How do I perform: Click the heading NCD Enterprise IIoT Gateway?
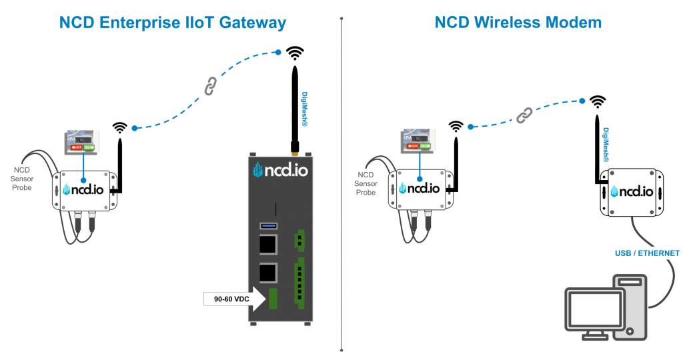pyautogui.click(x=172, y=23)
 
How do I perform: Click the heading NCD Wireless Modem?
pyautogui.click(x=518, y=23)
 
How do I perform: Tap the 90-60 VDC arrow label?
pyautogui.click(x=233, y=299)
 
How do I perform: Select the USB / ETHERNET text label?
pyautogui.click(x=647, y=253)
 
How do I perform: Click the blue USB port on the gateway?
pyautogui.click(x=268, y=227)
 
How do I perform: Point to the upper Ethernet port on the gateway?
pyautogui.click(x=268, y=245)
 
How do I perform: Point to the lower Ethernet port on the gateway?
pyautogui.click(x=268, y=271)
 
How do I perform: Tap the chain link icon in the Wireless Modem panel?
pyautogui.click(x=524, y=115)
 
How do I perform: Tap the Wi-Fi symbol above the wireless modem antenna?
pyautogui.click(x=598, y=101)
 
